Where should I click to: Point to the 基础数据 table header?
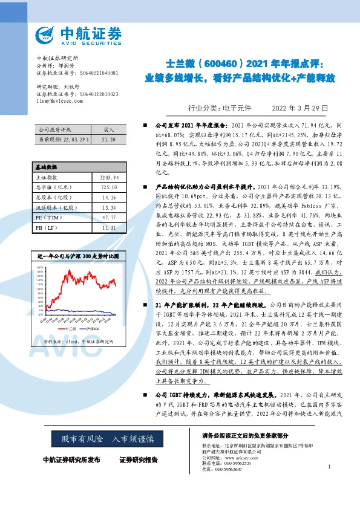45,166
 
